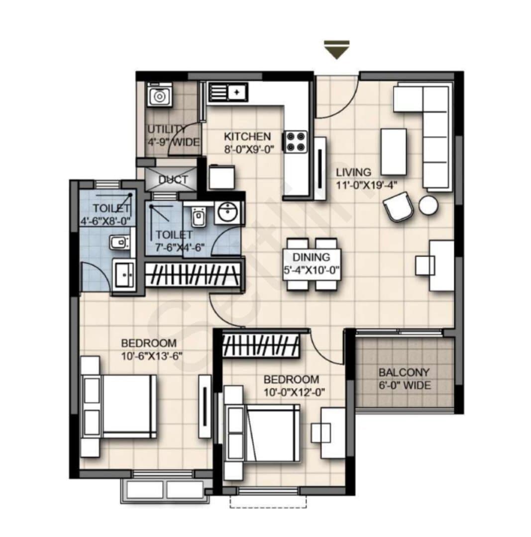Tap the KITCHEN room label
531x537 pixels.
[247, 137]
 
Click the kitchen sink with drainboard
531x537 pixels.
[227, 92]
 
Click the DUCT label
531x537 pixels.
[173, 179]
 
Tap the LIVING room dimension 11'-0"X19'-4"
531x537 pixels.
[366, 185]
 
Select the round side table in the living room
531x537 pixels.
[428, 205]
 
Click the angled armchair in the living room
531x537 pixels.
[398, 206]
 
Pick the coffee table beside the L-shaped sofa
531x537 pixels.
[394, 152]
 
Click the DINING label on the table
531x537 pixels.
[311, 257]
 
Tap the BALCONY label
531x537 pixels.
[404, 372]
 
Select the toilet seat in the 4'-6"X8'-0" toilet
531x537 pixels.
[120, 243]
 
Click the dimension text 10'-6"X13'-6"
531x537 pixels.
[151, 356]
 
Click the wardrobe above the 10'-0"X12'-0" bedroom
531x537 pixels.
[261, 345]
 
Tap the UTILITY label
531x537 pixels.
[167, 129]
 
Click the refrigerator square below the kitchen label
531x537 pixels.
[222, 177]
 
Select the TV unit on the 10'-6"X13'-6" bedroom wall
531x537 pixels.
[205, 406]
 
